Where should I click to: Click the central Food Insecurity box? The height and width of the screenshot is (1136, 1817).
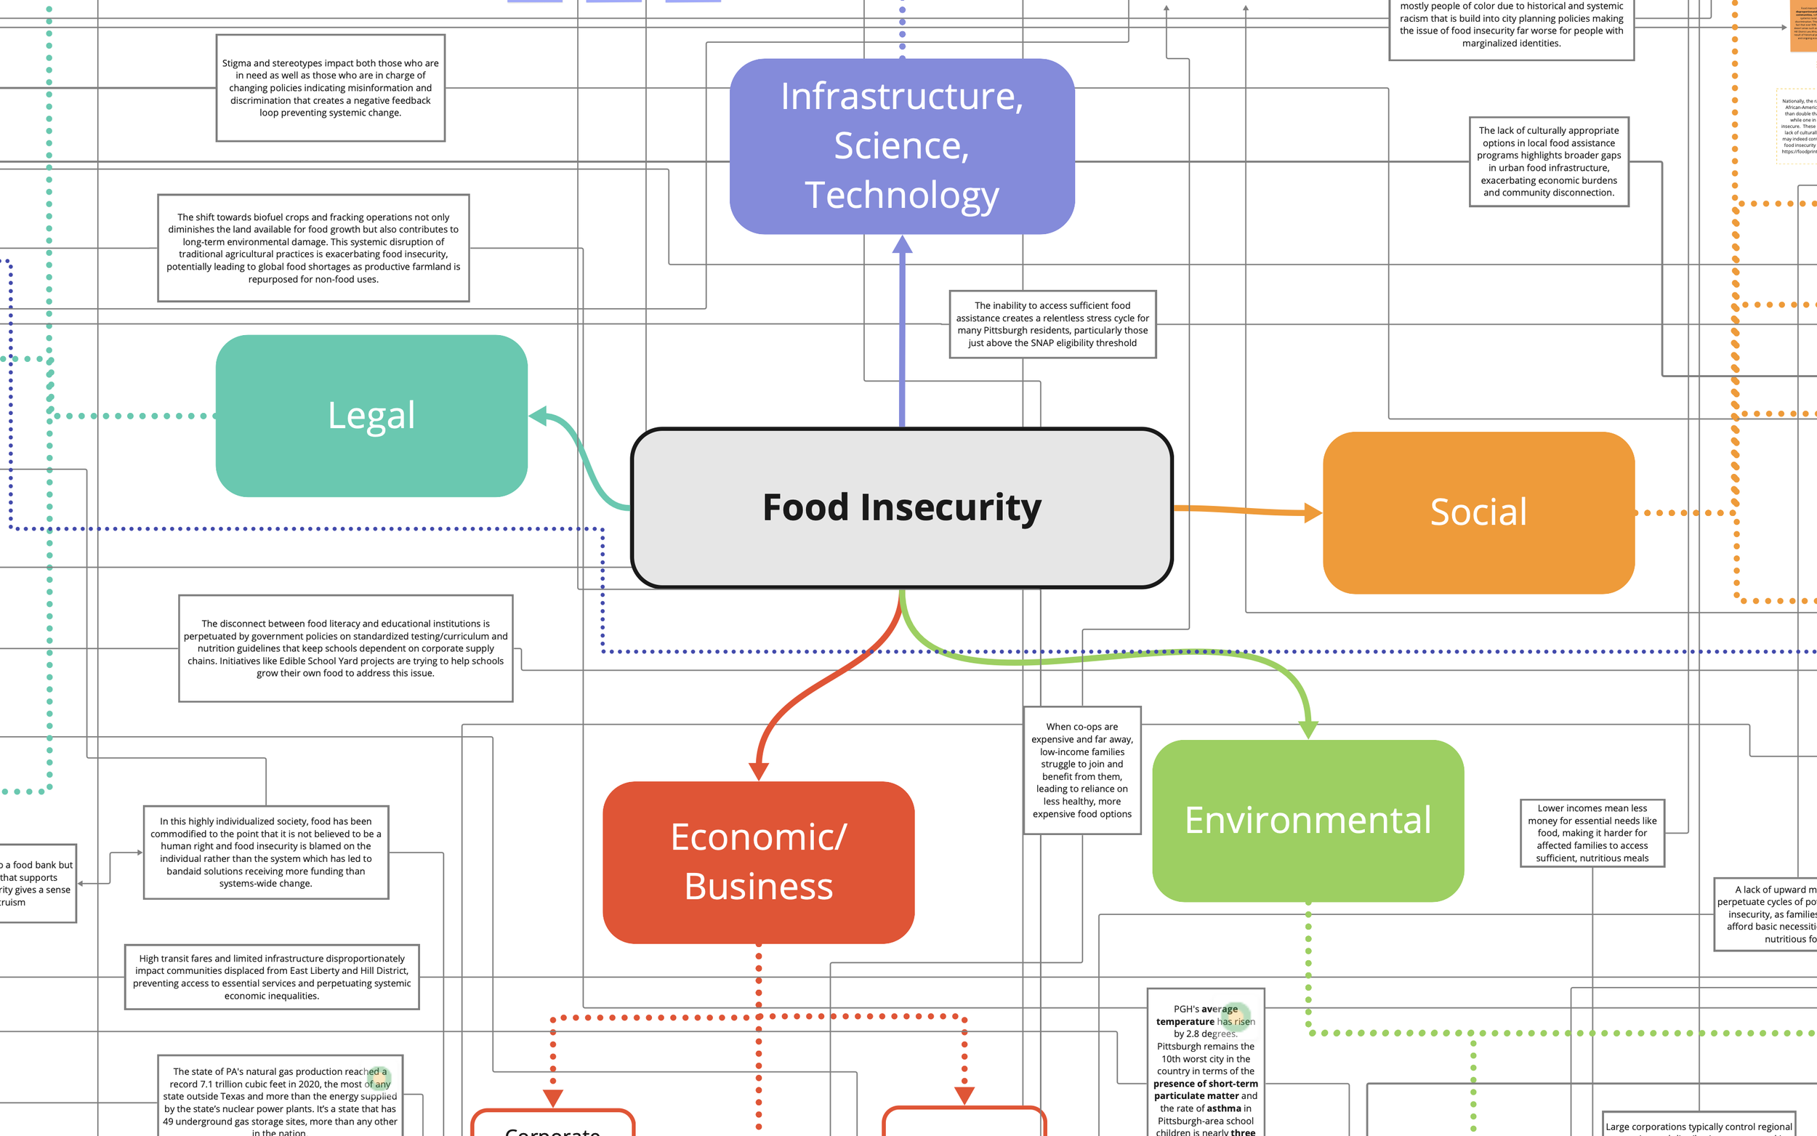click(x=901, y=508)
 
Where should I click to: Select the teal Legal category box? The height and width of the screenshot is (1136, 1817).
click(x=371, y=416)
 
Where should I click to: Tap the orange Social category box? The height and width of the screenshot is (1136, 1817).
click(x=1478, y=512)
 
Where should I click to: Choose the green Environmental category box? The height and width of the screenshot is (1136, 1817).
click(x=1308, y=821)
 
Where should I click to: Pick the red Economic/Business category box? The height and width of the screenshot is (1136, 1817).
click(x=758, y=862)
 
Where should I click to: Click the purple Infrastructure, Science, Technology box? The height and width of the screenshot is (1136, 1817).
click(x=901, y=146)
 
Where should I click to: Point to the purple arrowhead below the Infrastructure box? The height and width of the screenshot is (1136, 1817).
click(x=902, y=246)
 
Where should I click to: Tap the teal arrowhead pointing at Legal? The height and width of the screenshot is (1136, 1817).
click(x=539, y=416)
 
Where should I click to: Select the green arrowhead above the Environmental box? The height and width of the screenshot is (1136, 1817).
click(x=1308, y=729)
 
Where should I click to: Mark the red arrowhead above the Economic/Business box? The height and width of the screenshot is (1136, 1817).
click(x=759, y=771)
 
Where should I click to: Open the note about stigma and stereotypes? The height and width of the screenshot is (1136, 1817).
click(x=331, y=88)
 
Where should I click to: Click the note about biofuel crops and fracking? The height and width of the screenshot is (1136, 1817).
click(x=313, y=248)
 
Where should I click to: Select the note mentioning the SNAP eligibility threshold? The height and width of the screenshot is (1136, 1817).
click(x=1052, y=325)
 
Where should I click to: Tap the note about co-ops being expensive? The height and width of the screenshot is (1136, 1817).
click(x=1081, y=770)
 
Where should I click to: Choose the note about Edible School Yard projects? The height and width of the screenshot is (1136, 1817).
click(x=345, y=648)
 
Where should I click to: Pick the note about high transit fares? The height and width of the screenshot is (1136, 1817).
click(x=272, y=977)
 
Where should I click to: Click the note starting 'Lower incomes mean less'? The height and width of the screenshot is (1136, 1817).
click(x=1592, y=832)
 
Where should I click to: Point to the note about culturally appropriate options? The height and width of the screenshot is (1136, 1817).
click(x=1549, y=161)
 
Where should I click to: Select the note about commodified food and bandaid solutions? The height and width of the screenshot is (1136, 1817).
click(x=266, y=852)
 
